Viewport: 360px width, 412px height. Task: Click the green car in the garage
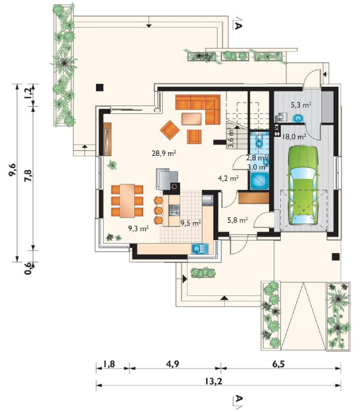(304, 185)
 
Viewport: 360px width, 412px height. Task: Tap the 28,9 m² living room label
(164, 153)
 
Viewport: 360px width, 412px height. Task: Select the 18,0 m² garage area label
(294, 137)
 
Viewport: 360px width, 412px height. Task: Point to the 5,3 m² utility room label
(301, 105)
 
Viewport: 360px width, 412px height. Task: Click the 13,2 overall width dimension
(214, 381)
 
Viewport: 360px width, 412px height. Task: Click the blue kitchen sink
(200, 249)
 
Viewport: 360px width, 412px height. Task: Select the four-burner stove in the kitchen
(175, 210)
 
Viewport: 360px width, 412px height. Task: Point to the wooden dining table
(127, 201)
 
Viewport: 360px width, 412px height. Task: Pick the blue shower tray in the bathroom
(259, 181)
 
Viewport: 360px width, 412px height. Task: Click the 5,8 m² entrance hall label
(237, 220)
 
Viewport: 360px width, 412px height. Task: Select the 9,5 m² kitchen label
(191, 223)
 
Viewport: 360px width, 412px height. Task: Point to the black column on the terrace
(100, 87)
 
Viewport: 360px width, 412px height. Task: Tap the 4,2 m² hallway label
(228, 179)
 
